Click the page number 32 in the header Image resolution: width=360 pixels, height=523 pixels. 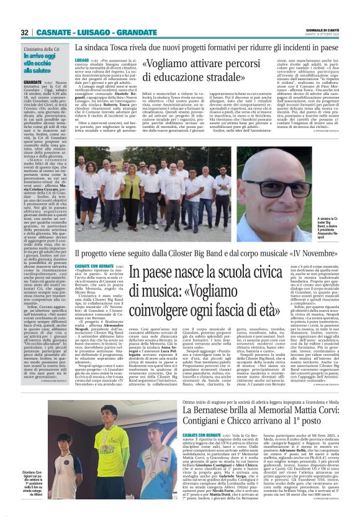point(25,32)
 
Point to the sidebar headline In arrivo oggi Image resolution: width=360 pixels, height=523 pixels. point(45,55)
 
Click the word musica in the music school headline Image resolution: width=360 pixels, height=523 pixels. point(136,290)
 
